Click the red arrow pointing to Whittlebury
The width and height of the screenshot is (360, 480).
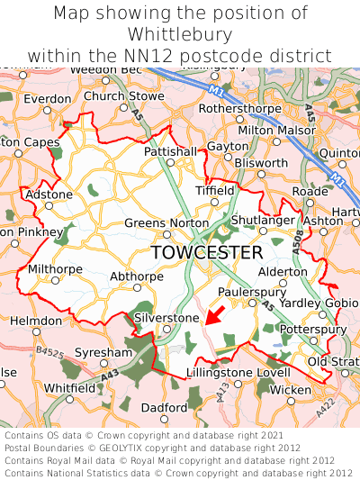[215, 314]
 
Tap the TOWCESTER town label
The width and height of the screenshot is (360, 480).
[207, 252]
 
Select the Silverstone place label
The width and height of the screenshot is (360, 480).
[166, 318]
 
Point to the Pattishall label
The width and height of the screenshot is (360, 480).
[170, 152]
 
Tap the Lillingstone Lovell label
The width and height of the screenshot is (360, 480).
[238, 372]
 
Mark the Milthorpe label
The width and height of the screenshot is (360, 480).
[55, 268]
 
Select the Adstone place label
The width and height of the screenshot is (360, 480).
[49, 195]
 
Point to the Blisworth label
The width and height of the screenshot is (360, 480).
[261, 163]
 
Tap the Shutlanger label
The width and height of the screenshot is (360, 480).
[263, 220]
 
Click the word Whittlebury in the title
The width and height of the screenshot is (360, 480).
[180, 35]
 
